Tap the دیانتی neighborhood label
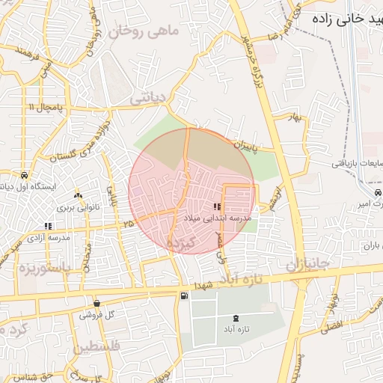coord(147,97)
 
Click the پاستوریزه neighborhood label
coord(44,267)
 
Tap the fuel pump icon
coord(184,295)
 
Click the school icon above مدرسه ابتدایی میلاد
coord(218,206)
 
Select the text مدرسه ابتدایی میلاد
coord(218,217)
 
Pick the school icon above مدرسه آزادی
coord(49,226)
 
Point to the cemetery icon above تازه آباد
coord(237,319)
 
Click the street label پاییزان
coord(244,142)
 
